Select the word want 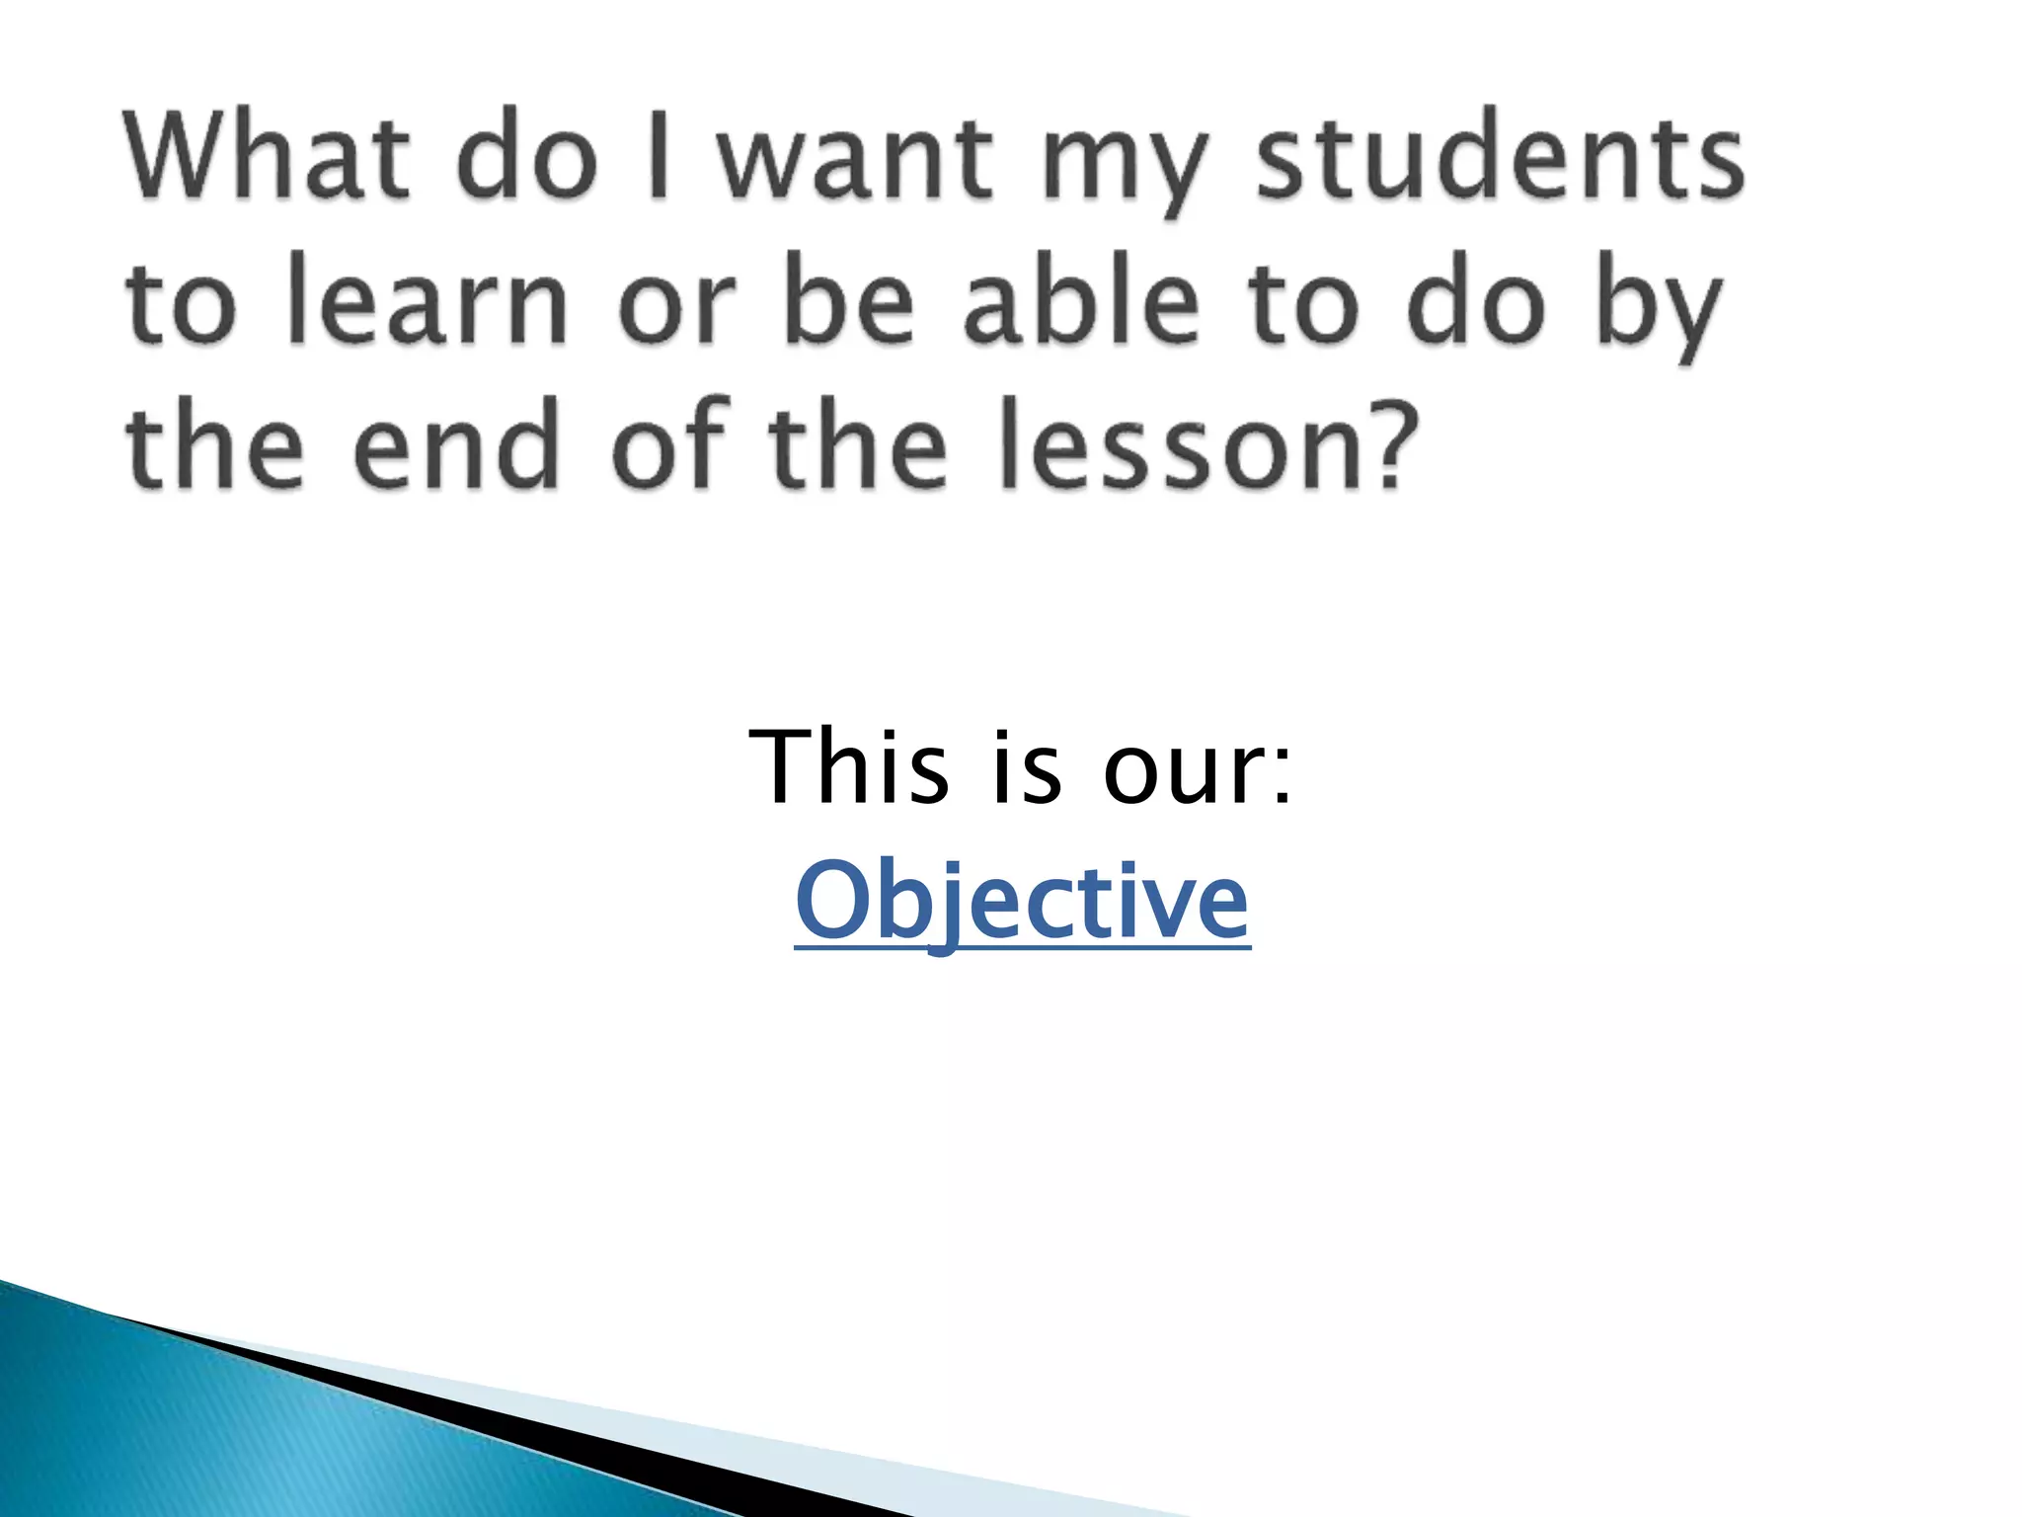[855, 158]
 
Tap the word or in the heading [677, 311]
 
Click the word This [849, 767]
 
